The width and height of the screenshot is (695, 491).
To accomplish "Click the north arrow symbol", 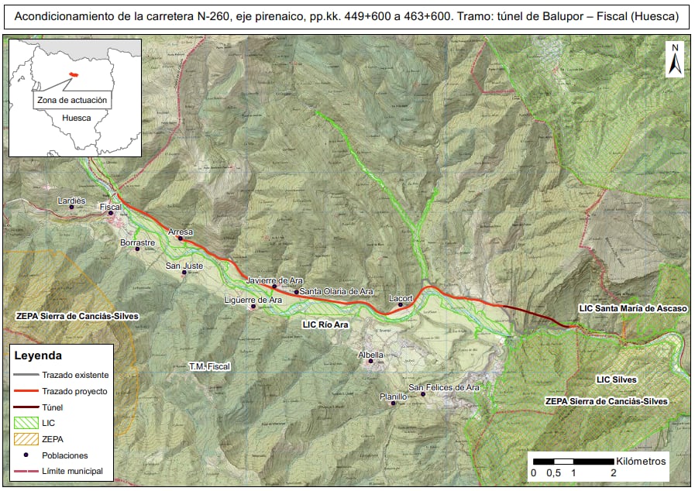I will pyautogui.click(x=674, y=60).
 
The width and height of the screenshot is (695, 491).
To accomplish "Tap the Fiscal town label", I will pyautogui.click(x=112, y=207).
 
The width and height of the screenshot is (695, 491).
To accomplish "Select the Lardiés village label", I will pyautogui.click(x=71, y=200).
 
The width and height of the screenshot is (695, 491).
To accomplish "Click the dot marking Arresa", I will pyautogui.click(x=181, y=239).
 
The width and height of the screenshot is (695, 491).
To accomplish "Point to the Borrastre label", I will pyautogui.click(x=138, y=242).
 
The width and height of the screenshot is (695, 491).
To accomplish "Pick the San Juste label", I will pyautogui.click(x=184, y=266).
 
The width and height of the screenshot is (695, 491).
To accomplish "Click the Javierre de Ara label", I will pyautogui.click(x=274, y=280).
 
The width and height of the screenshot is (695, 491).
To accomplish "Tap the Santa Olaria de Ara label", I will pyautogui.click(x=337, y=292).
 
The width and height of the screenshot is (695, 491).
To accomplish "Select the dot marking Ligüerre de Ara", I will pyautogui.click(x=253, y=307).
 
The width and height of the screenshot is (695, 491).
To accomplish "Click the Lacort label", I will pyautogui.click(x=400, y=297).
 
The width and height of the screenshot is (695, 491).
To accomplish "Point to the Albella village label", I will pyautogui.click(x=370, y=354).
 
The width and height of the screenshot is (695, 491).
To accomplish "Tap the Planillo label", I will pyautogui.click(x=393, y=397).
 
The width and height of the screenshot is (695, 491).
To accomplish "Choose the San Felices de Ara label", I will pyautogui.click(x=445, y=387).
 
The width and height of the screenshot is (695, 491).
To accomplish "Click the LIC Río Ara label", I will pyautogui.click(x=325, y=325).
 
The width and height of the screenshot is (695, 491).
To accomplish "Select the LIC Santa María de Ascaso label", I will pyautogui.click(x=633, y=308).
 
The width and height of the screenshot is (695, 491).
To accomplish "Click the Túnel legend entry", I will pyautogui.click(x=53, y=407).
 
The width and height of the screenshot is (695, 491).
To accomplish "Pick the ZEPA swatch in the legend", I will pyautogui.click(x=25, y=439).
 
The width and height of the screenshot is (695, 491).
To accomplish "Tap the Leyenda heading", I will pyautogui.click(x=38, y=356).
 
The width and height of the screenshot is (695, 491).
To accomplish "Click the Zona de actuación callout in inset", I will pyautogui.click(x=73, y=101).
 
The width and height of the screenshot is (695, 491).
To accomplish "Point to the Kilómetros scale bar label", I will pyautogui.click(x=640, y=461).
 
